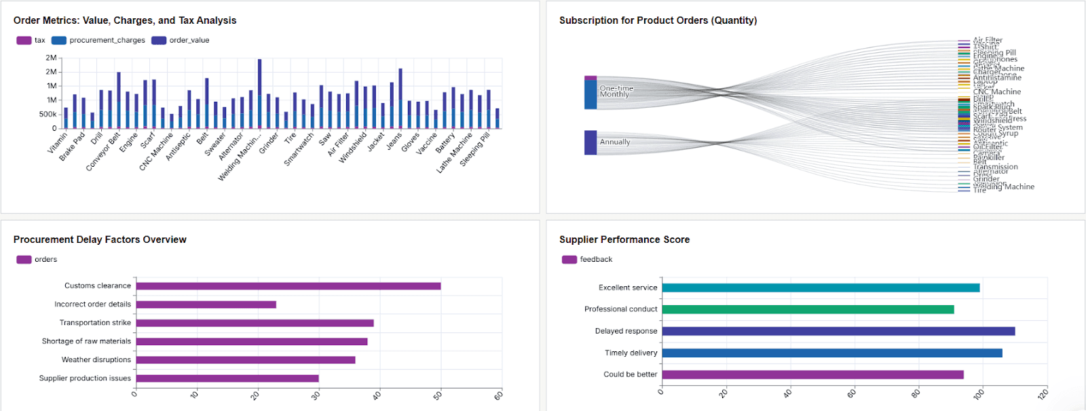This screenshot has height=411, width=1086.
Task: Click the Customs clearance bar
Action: point(288,286)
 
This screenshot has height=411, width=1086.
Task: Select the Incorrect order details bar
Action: point(206,305)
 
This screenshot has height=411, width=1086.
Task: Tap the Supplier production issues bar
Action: point(227,378)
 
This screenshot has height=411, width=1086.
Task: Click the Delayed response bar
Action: point(838,331)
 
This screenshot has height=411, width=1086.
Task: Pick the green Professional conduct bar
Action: point(808,309)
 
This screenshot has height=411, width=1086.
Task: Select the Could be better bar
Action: point(812,374)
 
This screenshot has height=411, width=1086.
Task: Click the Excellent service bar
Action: point(821,288)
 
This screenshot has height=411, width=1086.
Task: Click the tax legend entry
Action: point(31,41)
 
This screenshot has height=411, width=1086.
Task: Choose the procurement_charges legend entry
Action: point(99,41)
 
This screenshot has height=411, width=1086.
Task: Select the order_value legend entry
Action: point(181,41)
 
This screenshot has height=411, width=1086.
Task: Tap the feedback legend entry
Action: point(588,260)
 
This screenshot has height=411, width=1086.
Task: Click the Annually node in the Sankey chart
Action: point(591,142)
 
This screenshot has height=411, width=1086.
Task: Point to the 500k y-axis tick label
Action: point(48,114)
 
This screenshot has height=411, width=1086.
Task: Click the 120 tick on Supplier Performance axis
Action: point(1043,393)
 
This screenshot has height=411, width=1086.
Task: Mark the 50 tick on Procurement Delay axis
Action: point(438,395)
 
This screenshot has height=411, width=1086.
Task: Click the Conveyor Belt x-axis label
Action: point(104,152)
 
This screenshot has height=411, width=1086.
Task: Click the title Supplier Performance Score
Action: point(624,239)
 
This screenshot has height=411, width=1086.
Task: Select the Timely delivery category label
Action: point(631,353)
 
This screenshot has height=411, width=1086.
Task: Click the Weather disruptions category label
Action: point(96,360)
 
